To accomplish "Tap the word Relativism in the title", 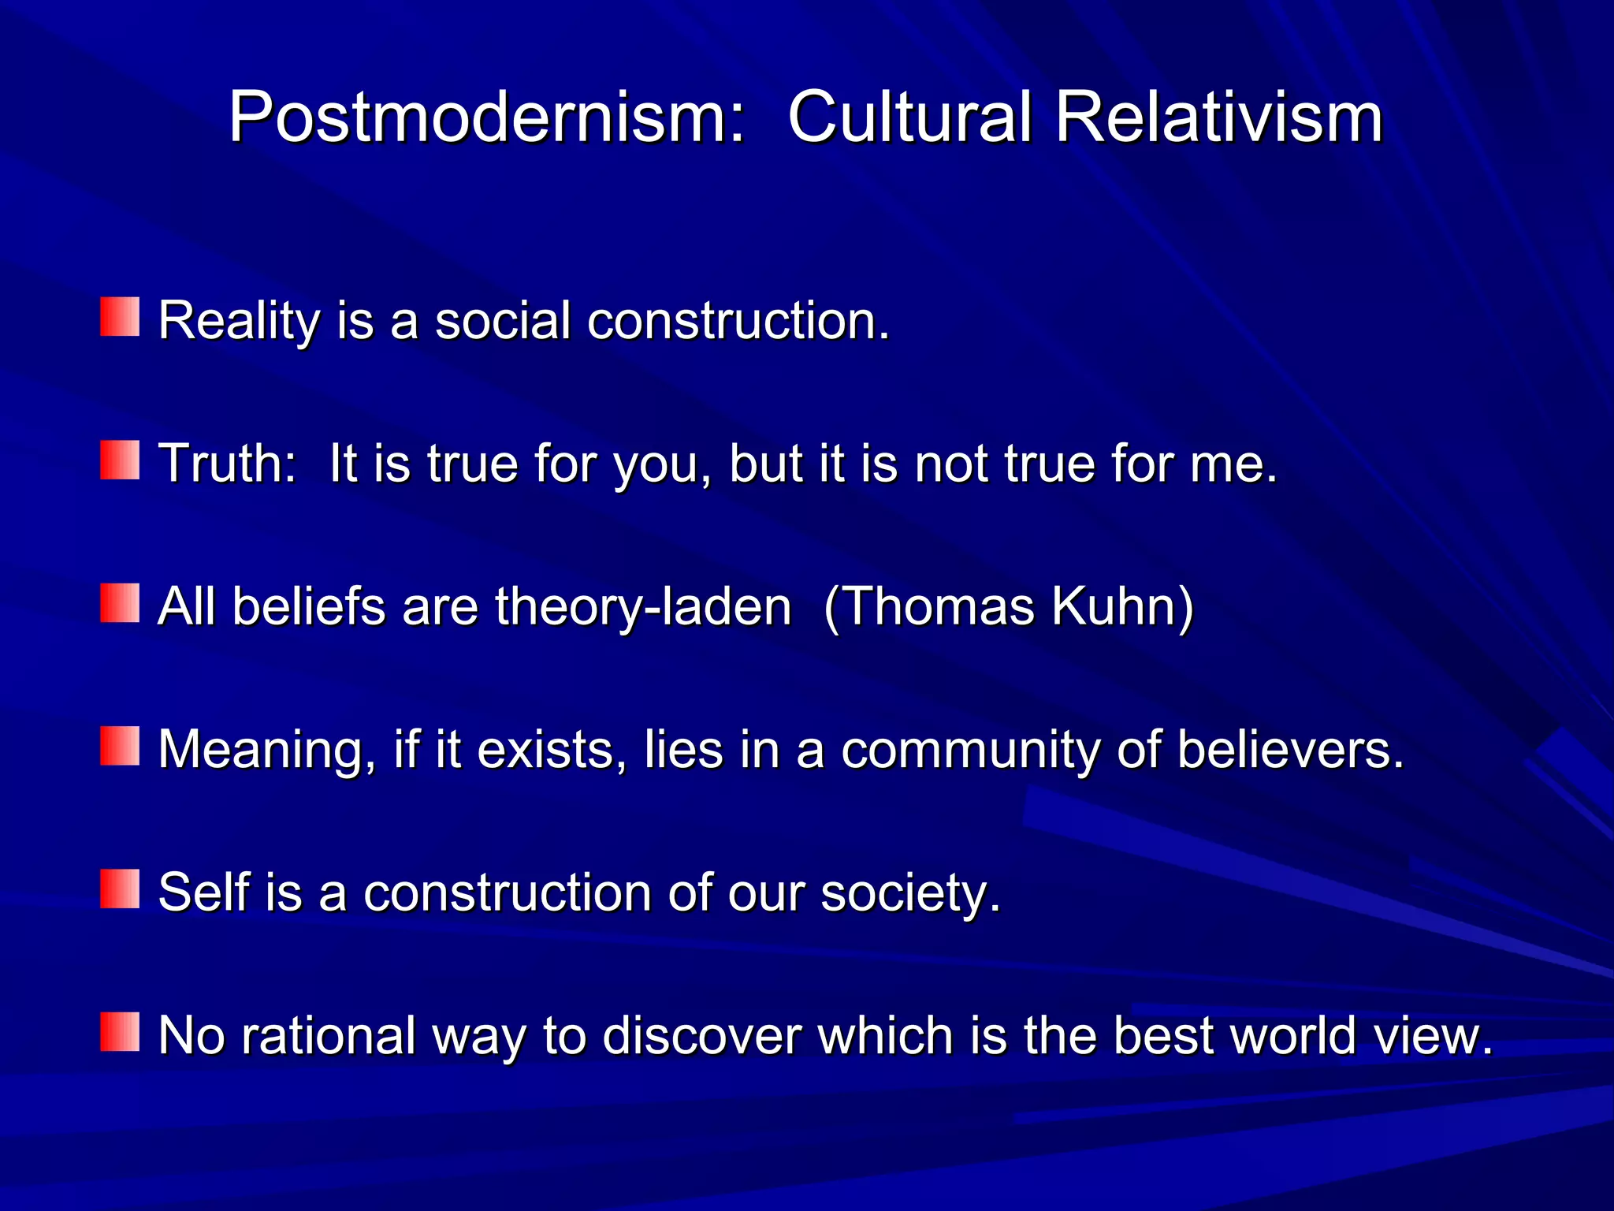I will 1218,118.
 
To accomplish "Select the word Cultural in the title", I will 909,118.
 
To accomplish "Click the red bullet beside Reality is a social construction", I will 120,317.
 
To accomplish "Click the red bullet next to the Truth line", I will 120,460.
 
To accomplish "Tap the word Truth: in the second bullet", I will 228,464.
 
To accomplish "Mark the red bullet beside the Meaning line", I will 120,746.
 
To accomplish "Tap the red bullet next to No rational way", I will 120,1032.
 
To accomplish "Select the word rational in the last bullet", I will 328,1035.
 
